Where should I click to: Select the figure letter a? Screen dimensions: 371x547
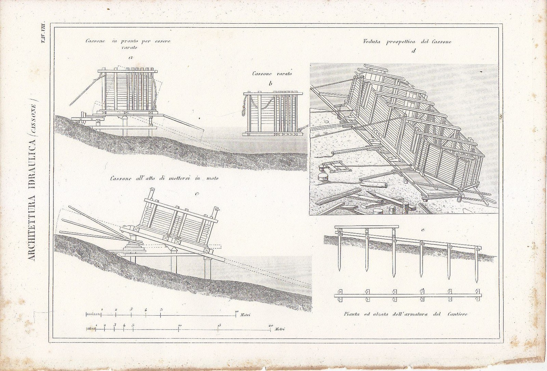[x=130, y=57]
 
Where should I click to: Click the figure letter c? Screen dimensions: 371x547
[x=197, y=194]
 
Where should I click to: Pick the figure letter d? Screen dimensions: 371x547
[x=413, y=51]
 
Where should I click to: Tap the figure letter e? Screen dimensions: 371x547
[x=423, y=230]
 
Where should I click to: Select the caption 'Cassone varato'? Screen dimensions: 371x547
[x=272, y=74]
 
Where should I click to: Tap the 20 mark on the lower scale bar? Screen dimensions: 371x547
[x=271, y=325]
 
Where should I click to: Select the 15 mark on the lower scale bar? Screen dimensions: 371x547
[x=218, y=325]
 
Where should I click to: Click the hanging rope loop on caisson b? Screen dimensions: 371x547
[x=244, y=109]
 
